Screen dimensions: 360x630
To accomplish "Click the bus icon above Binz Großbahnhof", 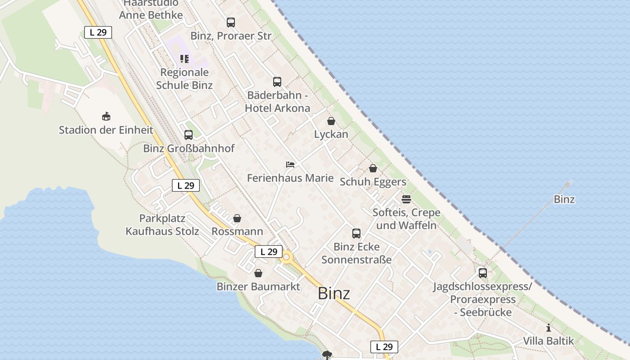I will pos(189,135).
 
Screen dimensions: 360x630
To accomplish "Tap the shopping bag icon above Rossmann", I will pos(237,219).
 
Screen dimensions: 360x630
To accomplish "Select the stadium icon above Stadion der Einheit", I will pos(106,117).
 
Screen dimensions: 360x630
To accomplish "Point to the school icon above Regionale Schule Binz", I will pos(184,59).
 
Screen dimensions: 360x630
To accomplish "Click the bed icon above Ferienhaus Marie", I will pos(290,165).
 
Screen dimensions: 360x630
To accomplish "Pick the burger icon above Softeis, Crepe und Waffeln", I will pos(406,199).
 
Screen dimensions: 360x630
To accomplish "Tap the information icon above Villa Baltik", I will pos(549,328).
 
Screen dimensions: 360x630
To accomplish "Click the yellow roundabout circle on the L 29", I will pos(286,258).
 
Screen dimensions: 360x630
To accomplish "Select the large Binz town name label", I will pos(334,293).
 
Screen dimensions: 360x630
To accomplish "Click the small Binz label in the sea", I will pos(564,199).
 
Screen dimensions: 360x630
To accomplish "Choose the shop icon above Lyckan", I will pos(331,121).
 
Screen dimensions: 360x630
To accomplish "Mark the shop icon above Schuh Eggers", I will pos(373,169).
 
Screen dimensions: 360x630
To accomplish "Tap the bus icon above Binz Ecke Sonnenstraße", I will pos(356,234).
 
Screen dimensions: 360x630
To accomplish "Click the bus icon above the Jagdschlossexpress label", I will pos(483,273).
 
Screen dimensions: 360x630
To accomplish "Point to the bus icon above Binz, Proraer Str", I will pos(231,22).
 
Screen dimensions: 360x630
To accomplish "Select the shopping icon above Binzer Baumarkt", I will pos(258,273).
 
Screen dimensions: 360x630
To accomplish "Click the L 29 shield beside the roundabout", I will pos(269,252).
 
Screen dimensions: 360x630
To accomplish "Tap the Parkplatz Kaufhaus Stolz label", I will pos(162,225).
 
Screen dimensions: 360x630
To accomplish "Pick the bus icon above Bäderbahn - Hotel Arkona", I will pos(277,82).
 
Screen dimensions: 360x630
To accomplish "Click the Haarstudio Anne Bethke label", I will pos(151,9).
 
